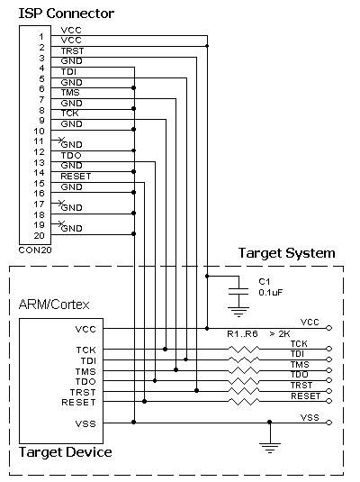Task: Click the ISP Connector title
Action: coord(67,14)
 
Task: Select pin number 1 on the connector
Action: coord(41,37)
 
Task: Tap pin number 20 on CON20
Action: coord(40,236)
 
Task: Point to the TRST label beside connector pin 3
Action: coord(72,50)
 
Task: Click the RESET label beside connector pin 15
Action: coord(76,177)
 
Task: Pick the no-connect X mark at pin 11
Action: coord(61,141)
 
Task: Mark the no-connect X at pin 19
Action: coord(61,223)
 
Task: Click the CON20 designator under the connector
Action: coord(35,250)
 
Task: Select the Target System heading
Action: coord(286,253)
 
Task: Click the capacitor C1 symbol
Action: coord(238,292)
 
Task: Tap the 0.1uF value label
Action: coord(270,292)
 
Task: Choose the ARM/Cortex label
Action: coord(54,305)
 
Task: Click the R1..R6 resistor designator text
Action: coord(242,334)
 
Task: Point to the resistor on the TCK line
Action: coord(244,350)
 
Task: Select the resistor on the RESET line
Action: coord(244,402)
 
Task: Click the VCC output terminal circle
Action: coord(329,328)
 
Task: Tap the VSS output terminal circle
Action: coord(329,423)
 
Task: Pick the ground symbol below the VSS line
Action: coord(270,448)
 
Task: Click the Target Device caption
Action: coord(65,452)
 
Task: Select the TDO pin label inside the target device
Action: coord(85,381)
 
